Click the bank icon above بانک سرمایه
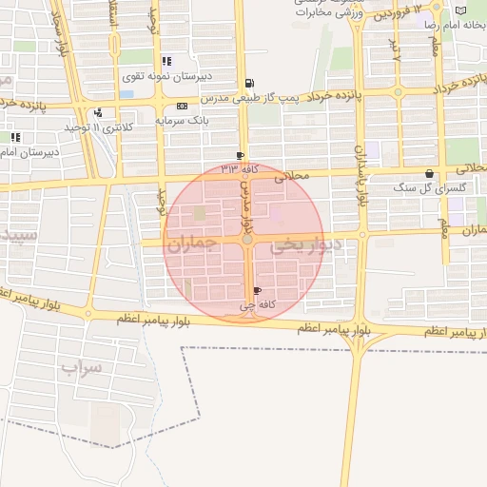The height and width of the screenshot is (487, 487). (x=182, y=107)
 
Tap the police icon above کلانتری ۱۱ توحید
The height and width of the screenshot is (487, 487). (x=98, y=113)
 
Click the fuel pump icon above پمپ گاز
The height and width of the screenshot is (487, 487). (x=249, y=84)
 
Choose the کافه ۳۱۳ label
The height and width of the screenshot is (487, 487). (x=240, y=169)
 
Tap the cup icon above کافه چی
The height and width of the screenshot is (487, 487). (x=258, y=292)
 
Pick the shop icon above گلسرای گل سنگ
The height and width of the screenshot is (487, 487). (x=430, y=174)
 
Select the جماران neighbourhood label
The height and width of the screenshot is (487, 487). (x=192, y=244)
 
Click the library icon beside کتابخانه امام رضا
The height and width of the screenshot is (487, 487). (x=461, y=10)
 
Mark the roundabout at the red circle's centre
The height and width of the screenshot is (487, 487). (x=247, y=241)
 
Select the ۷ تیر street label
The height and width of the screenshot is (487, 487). (x=397, y=49)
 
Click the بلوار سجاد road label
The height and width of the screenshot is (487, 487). (x=57, y=36)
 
